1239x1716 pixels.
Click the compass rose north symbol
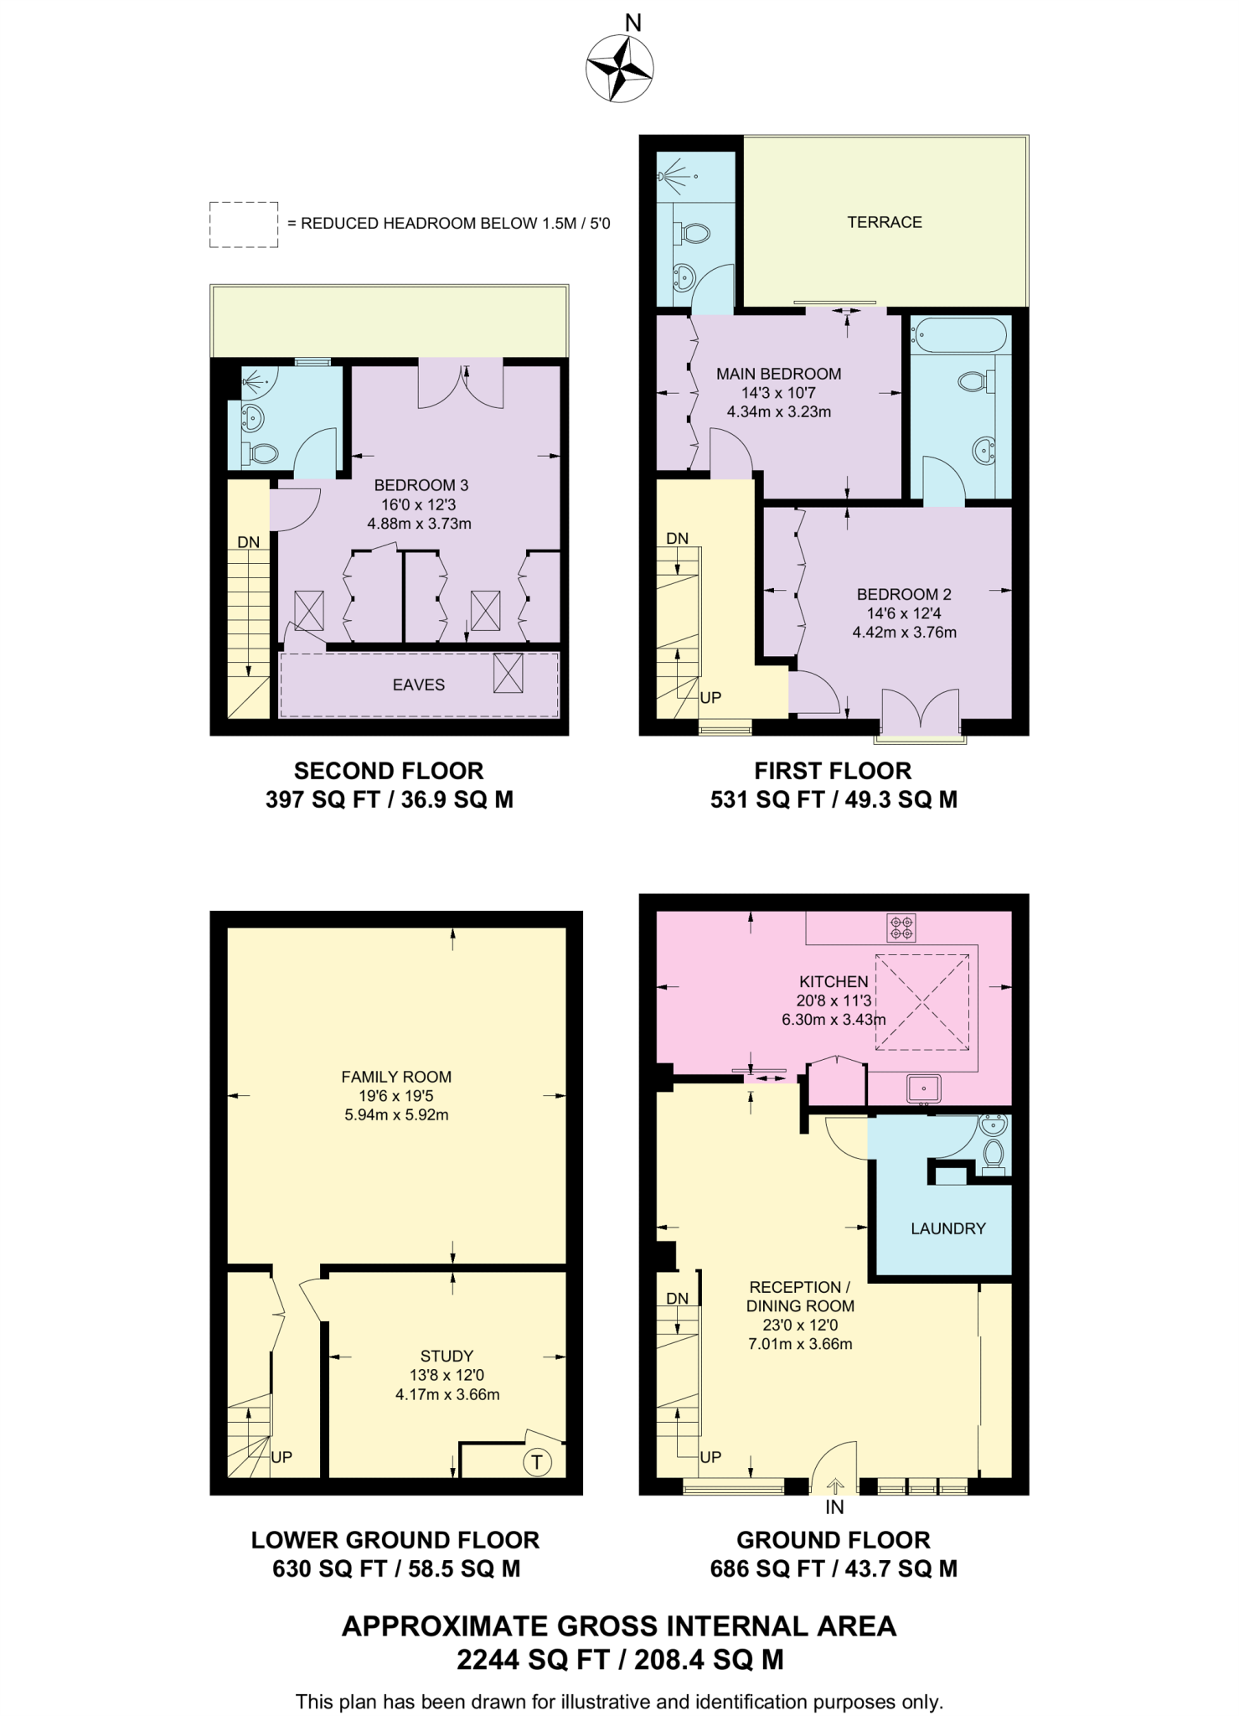(x=620, y=67)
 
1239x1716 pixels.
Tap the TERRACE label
(x=884, y=222)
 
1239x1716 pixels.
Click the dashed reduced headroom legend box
(x=244, y=225)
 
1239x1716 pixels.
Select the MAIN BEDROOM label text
(x=778, y=374)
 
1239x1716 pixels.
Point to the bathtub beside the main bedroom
(x=961, y=337)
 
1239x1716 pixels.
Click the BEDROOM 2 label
(x=903, y=594)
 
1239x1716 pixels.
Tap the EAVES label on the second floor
(x=418, y=685)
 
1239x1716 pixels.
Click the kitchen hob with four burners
(x=901, y=928)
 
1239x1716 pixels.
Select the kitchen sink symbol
(x=924, y=1089)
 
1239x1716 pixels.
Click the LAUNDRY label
(x=947, y=1228)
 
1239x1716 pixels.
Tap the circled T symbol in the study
(x=536, y=1463)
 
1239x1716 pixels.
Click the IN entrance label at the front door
(x=834, y=1507)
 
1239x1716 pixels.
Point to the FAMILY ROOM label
(x=396, y=1077)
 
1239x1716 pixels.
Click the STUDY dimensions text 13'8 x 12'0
(x=447, y=1375)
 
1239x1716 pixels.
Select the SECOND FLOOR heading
(x=389, y=771)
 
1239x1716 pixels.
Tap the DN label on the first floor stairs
(x=677, y=539)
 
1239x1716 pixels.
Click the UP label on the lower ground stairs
(x=281, y=1457)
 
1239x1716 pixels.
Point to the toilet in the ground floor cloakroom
(x=994, y=1152)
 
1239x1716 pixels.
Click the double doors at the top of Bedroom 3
(x=461, y=384)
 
